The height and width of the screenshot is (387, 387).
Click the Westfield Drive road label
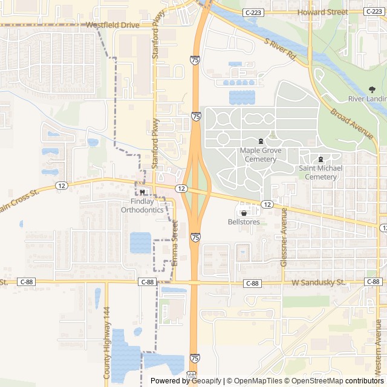[112, 25]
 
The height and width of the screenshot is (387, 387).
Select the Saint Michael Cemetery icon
[320, 159]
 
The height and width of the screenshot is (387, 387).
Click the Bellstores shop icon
[244, 213]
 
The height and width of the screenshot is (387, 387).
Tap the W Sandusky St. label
[317, 282]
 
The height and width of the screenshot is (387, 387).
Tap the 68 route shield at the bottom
[191, 375]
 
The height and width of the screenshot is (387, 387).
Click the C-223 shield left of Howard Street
[253, 12]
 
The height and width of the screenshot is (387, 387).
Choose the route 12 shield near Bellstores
[267, 205]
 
